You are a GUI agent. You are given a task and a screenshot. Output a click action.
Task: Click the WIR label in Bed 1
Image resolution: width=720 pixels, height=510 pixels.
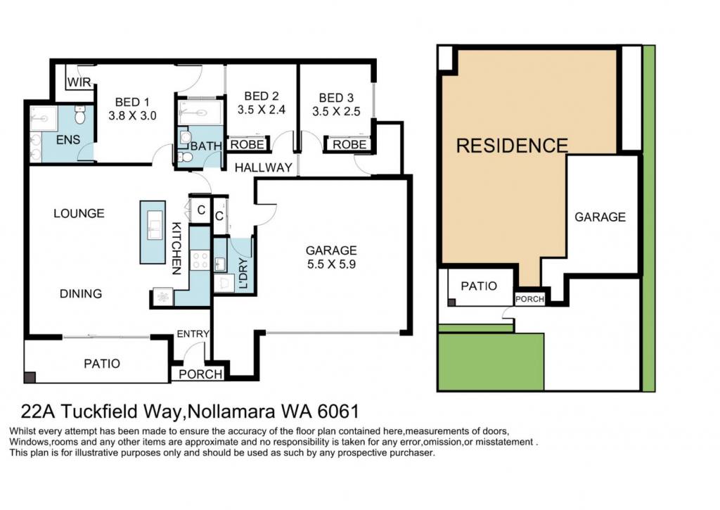click(79, 82)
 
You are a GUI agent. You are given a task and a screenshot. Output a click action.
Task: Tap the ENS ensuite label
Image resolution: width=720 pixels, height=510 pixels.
click(68, 140)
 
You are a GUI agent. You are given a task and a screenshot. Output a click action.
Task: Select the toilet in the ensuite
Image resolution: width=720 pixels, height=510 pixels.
click(80, 115)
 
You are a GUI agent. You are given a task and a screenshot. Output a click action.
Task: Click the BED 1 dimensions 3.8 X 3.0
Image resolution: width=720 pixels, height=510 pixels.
click(132, 115)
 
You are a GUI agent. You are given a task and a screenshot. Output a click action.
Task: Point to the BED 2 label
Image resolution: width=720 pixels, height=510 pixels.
click(262, 96)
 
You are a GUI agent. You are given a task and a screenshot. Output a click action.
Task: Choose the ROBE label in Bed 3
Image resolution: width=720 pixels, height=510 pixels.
click(349, 145)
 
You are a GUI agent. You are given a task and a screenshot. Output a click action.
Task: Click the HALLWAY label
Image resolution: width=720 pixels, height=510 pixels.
click(263, 167)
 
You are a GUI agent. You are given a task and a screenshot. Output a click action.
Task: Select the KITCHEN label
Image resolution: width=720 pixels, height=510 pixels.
click(176, 248)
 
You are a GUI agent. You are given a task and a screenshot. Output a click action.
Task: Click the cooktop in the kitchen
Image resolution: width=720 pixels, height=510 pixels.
click(200, 260)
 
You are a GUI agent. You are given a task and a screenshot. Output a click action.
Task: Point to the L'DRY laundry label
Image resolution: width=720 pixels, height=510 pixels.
click(243, 273)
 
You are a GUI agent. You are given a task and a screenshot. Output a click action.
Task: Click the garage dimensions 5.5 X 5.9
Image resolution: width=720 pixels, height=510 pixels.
click(331, 264)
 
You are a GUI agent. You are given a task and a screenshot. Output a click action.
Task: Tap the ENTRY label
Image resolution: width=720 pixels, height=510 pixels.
click(193, 334)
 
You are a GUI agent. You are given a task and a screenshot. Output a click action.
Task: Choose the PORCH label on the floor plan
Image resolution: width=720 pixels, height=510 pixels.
click(200, 374)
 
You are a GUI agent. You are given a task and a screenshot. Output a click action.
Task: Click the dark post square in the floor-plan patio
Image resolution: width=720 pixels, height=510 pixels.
click(30, 377)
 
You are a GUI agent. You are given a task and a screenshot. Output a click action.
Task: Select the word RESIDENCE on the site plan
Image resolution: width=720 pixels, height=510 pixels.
click(512, 146)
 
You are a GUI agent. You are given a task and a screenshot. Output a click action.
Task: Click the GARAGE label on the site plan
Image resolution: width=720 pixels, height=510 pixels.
click(600, 217)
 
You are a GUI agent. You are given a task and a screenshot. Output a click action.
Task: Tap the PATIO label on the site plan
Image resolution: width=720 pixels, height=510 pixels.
click(479, 286)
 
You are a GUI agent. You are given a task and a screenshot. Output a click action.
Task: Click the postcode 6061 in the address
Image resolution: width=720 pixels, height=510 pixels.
click(338, 412)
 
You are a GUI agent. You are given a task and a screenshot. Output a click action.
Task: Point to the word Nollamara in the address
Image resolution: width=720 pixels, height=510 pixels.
click(231, 412)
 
